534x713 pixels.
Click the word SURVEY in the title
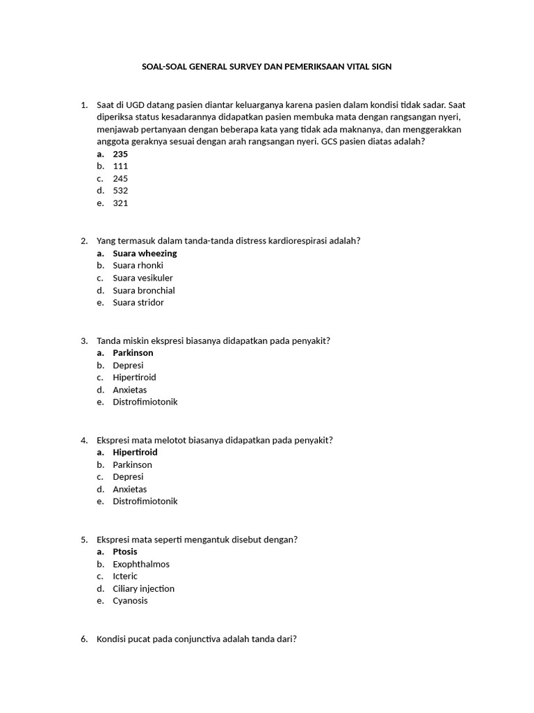[x=243, y=67]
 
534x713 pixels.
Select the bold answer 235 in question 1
[x=120, y=154]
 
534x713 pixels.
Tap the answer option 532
[x=120, y=191]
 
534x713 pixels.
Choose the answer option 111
[x=120, y=166]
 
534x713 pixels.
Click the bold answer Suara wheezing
[x=145, y=253]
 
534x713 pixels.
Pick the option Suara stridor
[x=138, y=303]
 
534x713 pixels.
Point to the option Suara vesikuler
[x=143, y=278]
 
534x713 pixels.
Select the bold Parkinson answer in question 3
[x=133, y=353]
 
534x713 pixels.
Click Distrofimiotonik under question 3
[x=145, y=402]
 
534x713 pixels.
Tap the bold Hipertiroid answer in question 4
[x=135, y=453]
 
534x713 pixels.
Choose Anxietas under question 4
[x=130, y=489]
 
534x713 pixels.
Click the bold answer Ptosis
[x=125, y=552]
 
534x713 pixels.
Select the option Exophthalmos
[x=141, y=565]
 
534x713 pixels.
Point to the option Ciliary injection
[x=143, y=589]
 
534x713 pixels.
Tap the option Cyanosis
[x=130, y=601]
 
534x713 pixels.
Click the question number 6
[x=83, y=639]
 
